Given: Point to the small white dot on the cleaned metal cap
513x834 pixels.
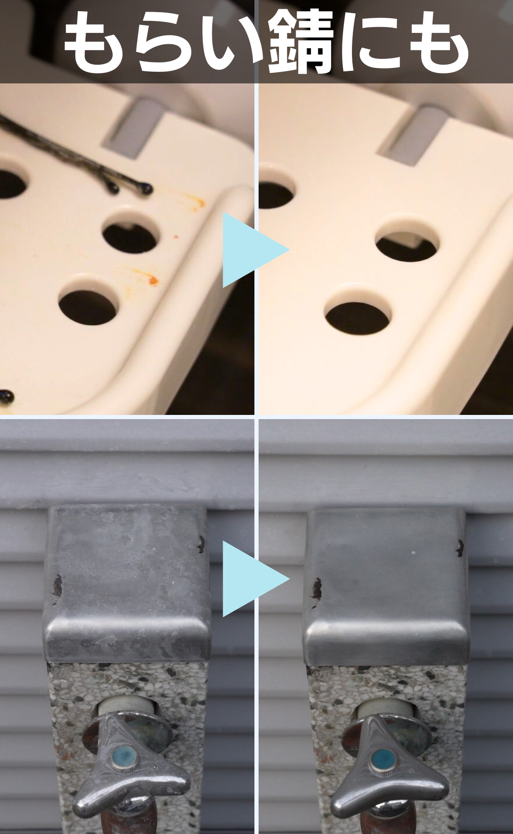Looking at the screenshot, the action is pyautogui.click(x=413, y=553).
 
